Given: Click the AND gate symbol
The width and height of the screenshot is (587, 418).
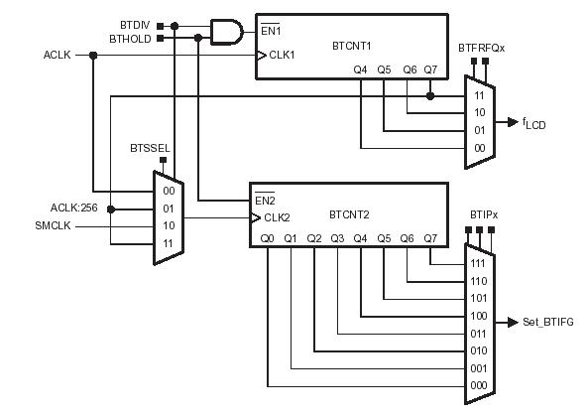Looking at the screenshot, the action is pyautogui.click(x=227, y=32).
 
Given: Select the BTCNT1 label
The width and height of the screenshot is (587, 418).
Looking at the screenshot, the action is pyautogui.click(x=352, y=46).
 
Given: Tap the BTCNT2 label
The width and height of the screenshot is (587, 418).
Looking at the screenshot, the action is pyautogui.click(x=349, y=214).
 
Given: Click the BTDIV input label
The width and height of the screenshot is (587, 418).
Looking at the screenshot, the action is pyautogui.click(x=135, y=25).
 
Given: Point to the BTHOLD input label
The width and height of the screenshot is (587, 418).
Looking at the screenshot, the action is pyautogui.click(x=130, y=39).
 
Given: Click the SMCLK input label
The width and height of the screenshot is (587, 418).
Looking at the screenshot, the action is pyautogui.click(x=53, y=225).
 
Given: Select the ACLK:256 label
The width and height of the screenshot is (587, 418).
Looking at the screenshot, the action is pyautogui.click(x=73, y=208).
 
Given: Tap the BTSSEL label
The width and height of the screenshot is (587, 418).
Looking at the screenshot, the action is pyautogui.click(x=150, y=148).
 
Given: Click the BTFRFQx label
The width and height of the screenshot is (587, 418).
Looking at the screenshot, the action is pyautogui.click(x=482, y=48).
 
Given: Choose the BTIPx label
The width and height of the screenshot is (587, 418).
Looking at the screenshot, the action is pyautogui.click(x=484, y=215).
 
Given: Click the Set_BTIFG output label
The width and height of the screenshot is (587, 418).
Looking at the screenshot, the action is pyautogui.click(x=548, y=322).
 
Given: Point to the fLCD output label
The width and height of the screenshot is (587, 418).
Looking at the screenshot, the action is pyautogui.click(x=533, y=123).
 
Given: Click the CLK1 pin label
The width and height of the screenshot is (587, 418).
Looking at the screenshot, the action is pyautogui.click(x=282, y=56).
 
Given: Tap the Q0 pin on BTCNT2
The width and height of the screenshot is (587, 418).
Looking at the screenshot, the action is pyautogui.click(x=267, y=238).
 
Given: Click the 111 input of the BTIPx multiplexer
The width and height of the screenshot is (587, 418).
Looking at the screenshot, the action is pyautogui.click(x=478, y=263).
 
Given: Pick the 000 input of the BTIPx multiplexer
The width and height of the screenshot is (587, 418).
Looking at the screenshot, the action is pyautogui.click(x=479, y=385).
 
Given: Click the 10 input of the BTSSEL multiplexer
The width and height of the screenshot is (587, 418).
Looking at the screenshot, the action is pyautogui.click(x=169, y=225).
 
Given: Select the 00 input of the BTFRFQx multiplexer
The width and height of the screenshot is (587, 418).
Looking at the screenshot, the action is pyautogui.click(x=480, y=148).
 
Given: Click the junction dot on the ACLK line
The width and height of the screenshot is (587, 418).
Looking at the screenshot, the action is pyautogui.click(x=93, y=56).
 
